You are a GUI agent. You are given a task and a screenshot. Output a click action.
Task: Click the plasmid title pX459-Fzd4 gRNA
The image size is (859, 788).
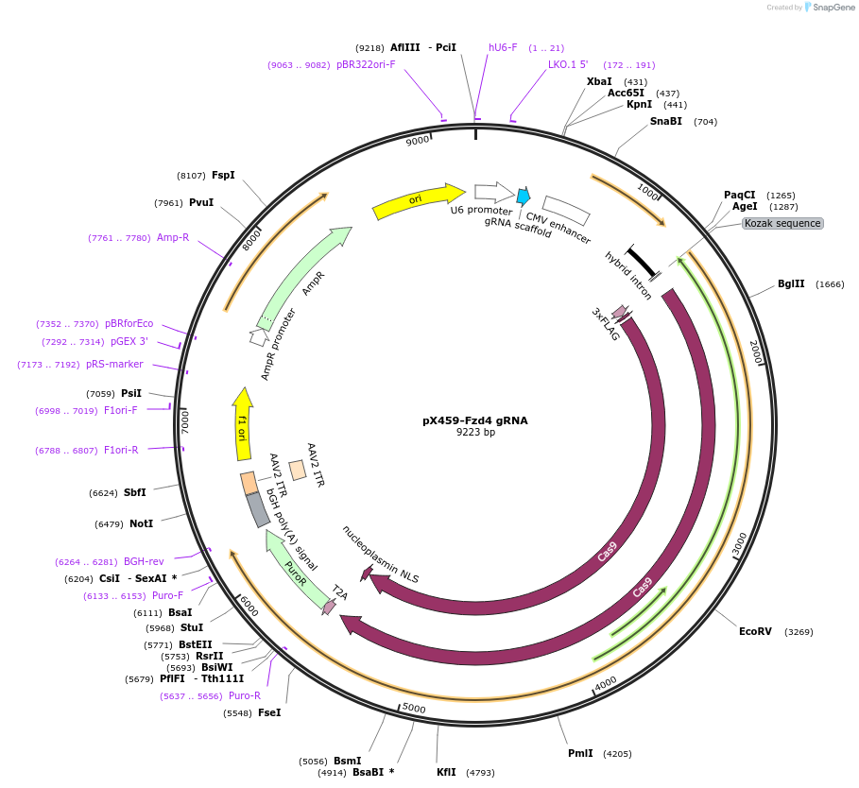pyautogui.click(x=474, y=420)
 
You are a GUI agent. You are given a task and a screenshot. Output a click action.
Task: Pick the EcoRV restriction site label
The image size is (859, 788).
pyautogui.click(x=755, y=631)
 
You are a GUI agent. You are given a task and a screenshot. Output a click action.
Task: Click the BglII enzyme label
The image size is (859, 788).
pyautogui.click(x=791, y=283)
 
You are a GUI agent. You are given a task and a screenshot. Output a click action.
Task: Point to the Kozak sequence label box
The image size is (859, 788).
pyautogui.click(x=782, y=224)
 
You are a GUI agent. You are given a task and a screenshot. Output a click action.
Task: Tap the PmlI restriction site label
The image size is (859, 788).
pyautogui.click(x=580, y=753)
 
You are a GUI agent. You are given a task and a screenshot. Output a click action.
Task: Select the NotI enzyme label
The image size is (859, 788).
pyautogui.click(x=141, y=523)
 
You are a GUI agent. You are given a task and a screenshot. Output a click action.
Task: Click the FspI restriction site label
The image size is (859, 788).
pyautogui.click(x=223, y=175)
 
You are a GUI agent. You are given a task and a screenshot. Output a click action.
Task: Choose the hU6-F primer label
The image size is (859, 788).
pyautogui.click(x=503, y=47)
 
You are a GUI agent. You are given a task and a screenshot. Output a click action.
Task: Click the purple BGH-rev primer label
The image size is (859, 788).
pyautogui.click(x=144, y=561)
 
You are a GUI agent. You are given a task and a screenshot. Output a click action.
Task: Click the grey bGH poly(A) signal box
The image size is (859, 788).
pyautogui.click(x=258, y=510)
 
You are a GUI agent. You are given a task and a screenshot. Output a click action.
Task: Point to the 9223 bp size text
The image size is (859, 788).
pyautogui.click(x=475, y=433)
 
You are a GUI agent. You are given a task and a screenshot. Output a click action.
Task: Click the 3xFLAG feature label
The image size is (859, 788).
pyautogui.click(x=606, y=324)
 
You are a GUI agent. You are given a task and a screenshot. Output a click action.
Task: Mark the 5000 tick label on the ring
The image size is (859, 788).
pyautogui.click(x=414, y=708)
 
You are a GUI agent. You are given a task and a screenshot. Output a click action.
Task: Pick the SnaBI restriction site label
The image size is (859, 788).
pyautogui.click(x=665, y=121)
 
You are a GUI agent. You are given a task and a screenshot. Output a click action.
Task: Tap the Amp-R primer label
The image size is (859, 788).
pyautogui.click(x=173, y=237)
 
